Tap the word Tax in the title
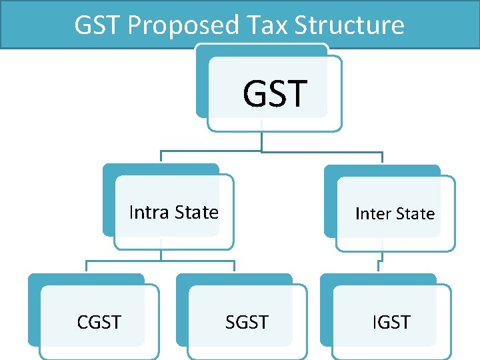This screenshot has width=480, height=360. tap(261, 25)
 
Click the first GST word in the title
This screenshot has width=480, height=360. tap(98, 25)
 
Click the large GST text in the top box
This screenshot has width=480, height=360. tap(275, 93)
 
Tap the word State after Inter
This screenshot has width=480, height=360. tap(415, 214)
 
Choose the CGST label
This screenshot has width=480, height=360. tap(99, 323)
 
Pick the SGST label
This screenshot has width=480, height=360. tap(247, 323)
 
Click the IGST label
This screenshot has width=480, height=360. tap(391, 323)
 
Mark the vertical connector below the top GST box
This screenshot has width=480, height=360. tap(262, 141)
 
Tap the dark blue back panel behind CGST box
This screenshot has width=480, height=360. tap(33, 307)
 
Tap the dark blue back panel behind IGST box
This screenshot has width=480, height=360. tap(325, 307)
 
